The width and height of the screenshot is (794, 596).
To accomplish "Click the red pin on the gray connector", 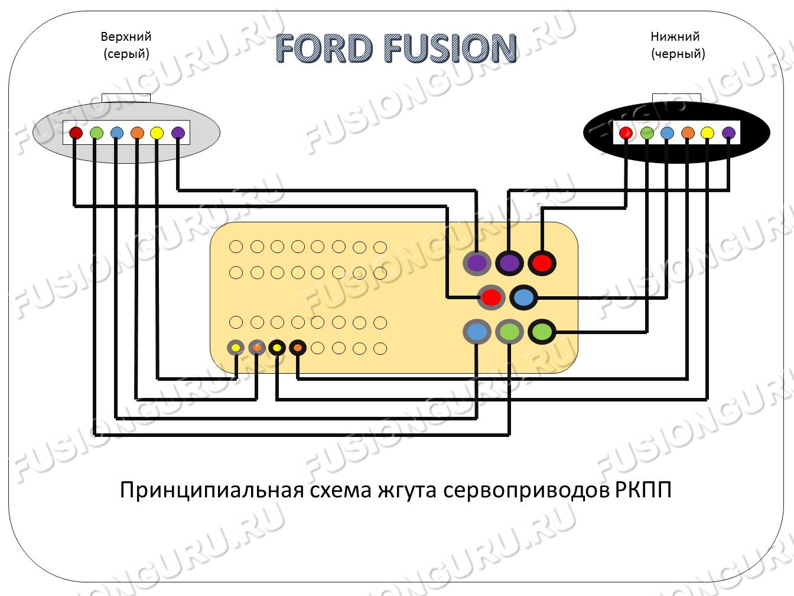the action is point(76,133).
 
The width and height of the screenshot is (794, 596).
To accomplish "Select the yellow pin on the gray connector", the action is point(157,133).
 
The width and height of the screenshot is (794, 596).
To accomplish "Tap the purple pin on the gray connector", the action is point(178,133).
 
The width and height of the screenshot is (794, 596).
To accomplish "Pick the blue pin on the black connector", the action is point(667,133).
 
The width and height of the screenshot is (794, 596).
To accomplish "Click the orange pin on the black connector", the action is point(688,133).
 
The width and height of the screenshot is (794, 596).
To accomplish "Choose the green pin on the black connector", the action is point(647,133).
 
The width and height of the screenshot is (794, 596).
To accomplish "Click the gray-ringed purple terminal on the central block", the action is point(477,263).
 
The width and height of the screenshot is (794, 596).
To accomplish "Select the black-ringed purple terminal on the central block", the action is point(509,263).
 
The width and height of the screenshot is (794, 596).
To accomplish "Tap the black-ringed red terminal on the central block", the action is point(542,263).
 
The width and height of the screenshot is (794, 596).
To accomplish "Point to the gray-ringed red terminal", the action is point(492,297).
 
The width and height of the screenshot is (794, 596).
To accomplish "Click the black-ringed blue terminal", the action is point(523,297).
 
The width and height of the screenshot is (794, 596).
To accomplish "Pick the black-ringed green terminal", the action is point(542,332).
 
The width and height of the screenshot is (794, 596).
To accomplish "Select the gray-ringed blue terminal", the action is point(477,332).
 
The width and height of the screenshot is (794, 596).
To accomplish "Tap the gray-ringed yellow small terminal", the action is point(236,348).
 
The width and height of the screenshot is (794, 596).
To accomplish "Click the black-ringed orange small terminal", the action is point(298,348).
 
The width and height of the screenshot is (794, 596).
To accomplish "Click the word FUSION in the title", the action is point(450,48).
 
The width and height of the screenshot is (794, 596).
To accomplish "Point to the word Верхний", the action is point(126,37).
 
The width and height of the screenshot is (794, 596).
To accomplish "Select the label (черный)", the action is point(678,54).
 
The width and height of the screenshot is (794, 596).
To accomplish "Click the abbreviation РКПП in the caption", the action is point(643,491).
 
